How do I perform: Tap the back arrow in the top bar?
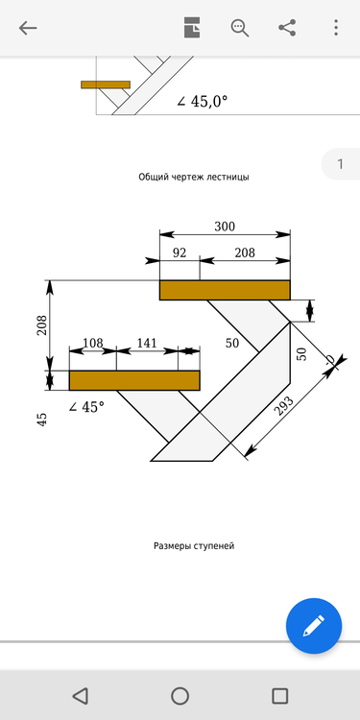[x=28, y=28]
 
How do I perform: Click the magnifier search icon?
[x=239, y=28]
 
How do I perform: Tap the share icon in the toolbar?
[x=287, y=28]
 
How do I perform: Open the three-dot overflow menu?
[x=334, y=28]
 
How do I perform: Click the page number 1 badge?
[x=340, y=165]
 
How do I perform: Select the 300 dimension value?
[x=225, y=228]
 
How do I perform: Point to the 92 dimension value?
[x=180, y=252]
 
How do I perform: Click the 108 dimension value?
[x=93, y=343]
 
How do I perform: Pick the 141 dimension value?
[x=147, y=343]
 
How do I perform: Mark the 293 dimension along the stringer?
[x=284, y=408]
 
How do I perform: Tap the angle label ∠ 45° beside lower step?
[x=86, y=407]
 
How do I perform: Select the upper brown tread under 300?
[x=225, y=290]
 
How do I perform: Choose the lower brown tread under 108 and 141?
[x=134, y=380]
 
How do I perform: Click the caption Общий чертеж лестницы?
[x=195, y=177]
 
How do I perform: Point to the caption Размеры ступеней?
[x=194, y=546]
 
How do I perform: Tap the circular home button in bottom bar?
[x=180, y=696]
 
